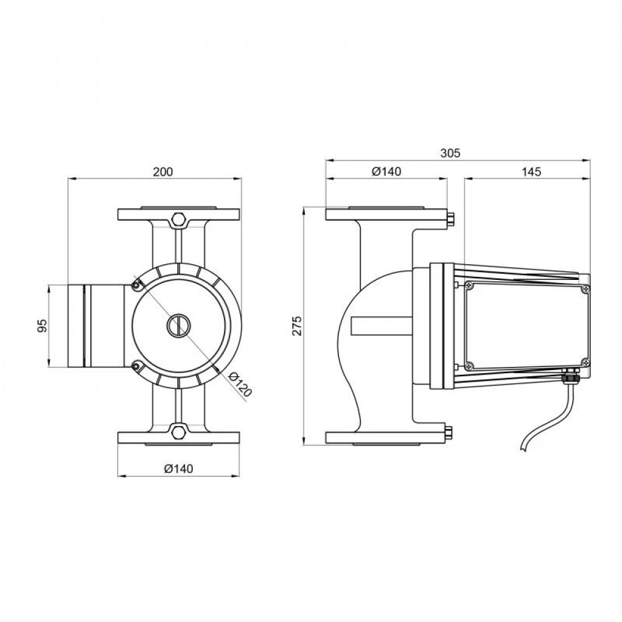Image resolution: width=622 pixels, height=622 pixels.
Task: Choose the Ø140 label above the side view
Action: pos(386,171)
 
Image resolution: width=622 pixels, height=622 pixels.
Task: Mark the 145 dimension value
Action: pos(532,171)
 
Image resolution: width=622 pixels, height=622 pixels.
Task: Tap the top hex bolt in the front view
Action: pos(179,220)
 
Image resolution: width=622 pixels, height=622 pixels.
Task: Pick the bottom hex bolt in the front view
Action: pos(179,432)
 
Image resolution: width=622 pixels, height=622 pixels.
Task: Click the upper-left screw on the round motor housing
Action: pos(135,284)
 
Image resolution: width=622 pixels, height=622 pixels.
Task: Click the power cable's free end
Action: pos(521,449)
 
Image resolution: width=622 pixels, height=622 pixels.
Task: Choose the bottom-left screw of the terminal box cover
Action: pos(470,364)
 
